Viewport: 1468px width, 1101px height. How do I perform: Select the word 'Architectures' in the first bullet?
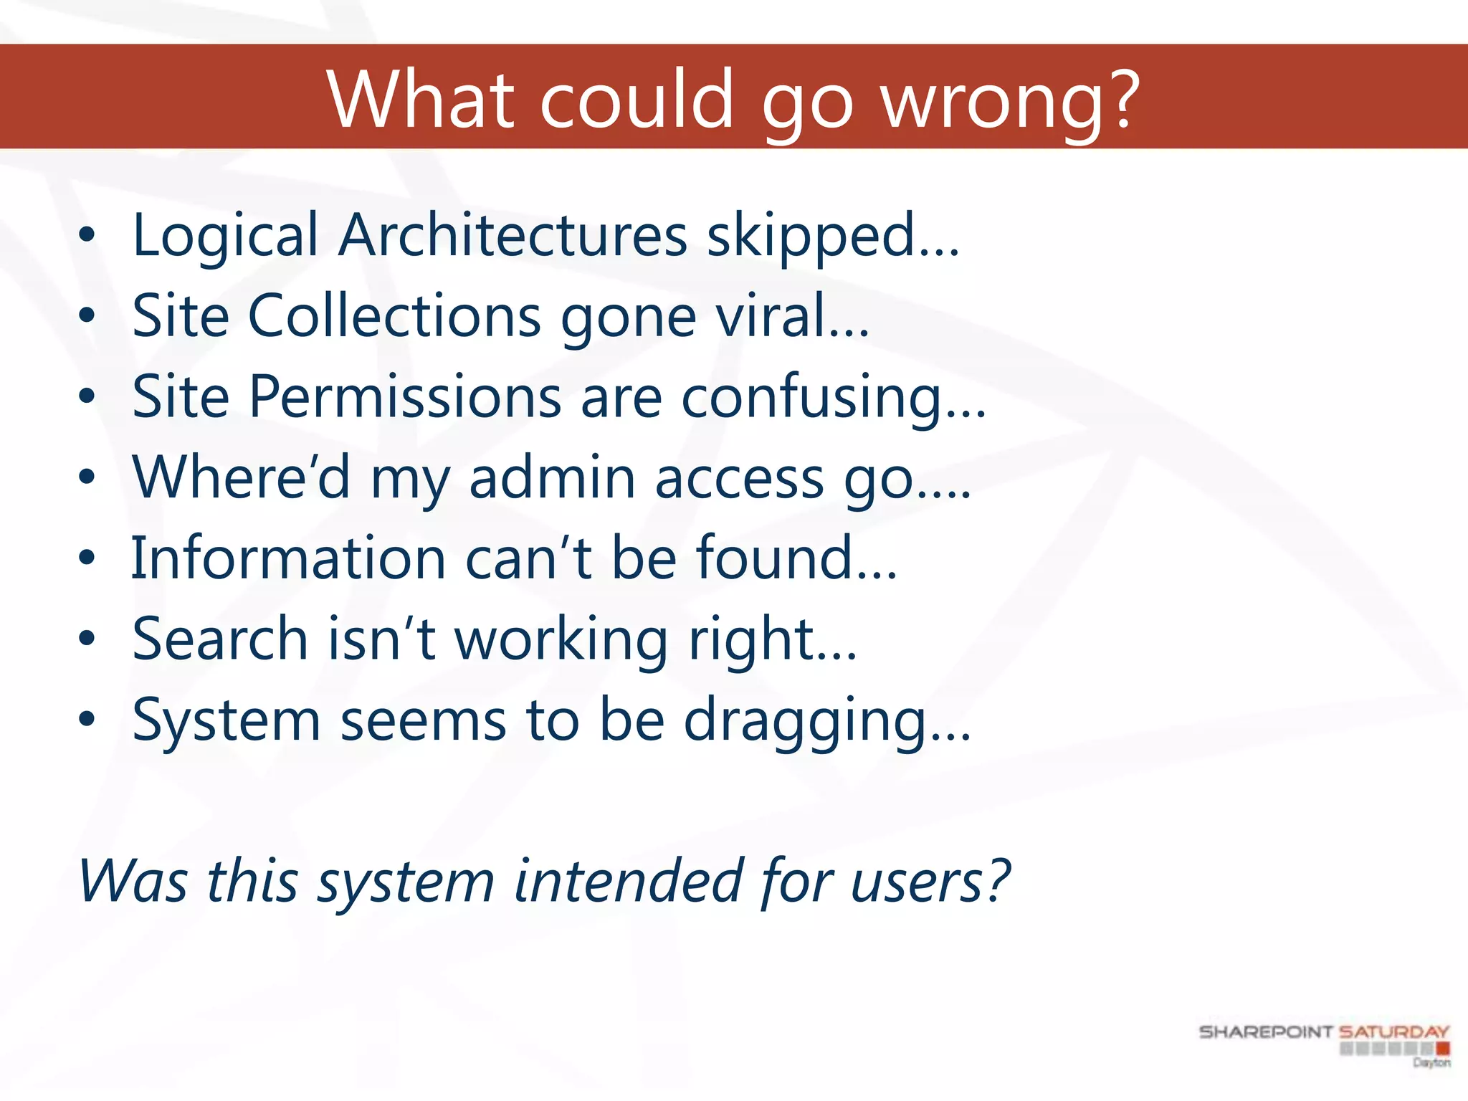(x=513, y=236)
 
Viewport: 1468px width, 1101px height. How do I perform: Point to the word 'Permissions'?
(x=405, y=397)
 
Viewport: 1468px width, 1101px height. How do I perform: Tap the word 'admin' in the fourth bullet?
(x=552, y=478)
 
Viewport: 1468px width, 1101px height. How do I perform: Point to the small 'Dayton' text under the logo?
(x=1431, y=1062)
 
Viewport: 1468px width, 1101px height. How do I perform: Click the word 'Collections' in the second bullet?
(x=394, y=316)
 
